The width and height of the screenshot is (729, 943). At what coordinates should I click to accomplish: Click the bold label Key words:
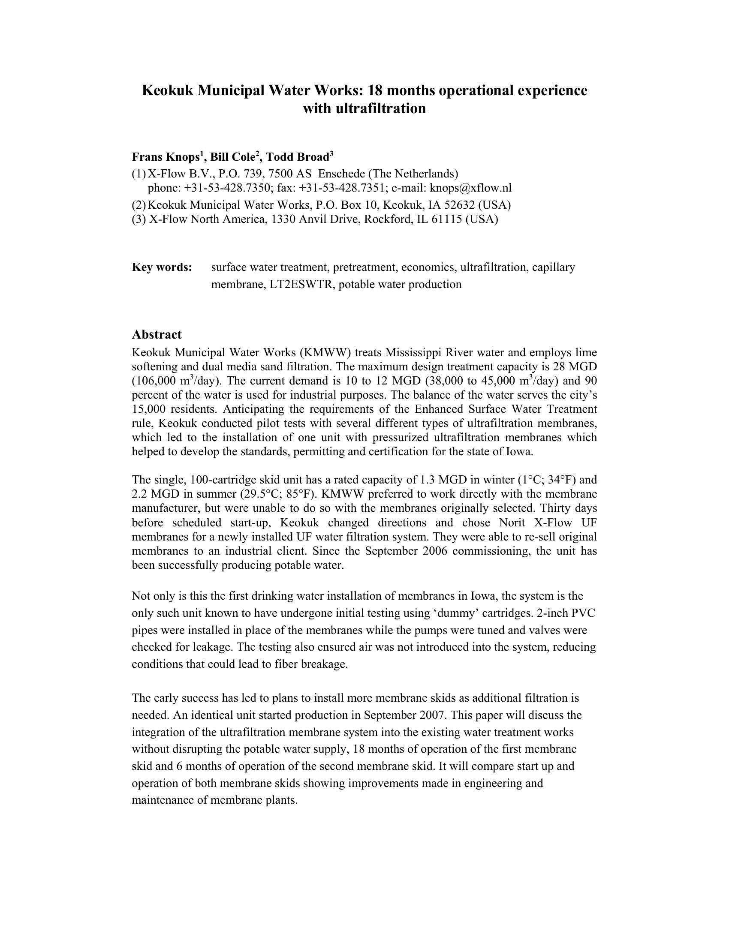tap(162, 267)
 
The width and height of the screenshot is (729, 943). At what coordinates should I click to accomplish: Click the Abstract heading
tap(157, 335)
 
